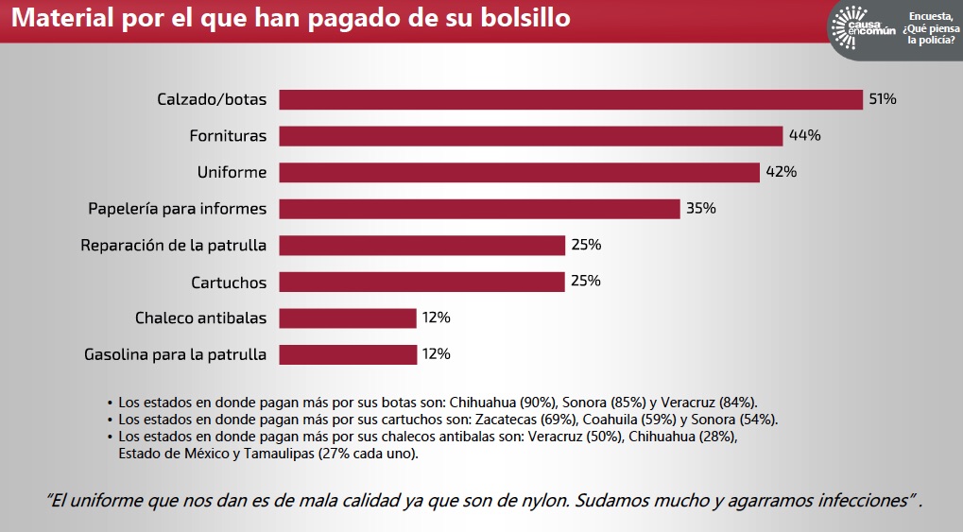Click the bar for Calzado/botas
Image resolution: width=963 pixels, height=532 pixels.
pos(571,99)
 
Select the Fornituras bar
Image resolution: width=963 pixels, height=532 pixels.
pos(531,136)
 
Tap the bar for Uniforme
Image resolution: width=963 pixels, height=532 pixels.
pos(520,172)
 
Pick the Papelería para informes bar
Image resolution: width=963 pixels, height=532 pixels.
pos(480,209)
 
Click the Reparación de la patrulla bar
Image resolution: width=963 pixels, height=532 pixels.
pos(421,246)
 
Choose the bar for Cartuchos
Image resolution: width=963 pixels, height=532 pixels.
pos(421,282)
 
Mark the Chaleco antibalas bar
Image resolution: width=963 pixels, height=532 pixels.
pos(348,318)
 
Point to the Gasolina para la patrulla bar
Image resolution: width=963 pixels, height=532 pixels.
pos(348,354)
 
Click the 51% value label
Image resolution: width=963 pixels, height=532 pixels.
pos(883,99)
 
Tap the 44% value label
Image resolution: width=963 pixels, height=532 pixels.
pos(804,136)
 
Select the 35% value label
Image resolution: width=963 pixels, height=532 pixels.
pos(701,209)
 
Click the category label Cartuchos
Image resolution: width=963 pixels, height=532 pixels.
pos(229,283)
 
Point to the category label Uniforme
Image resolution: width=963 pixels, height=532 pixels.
pos(232,173)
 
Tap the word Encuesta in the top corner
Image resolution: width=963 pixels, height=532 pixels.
pos(930,16)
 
